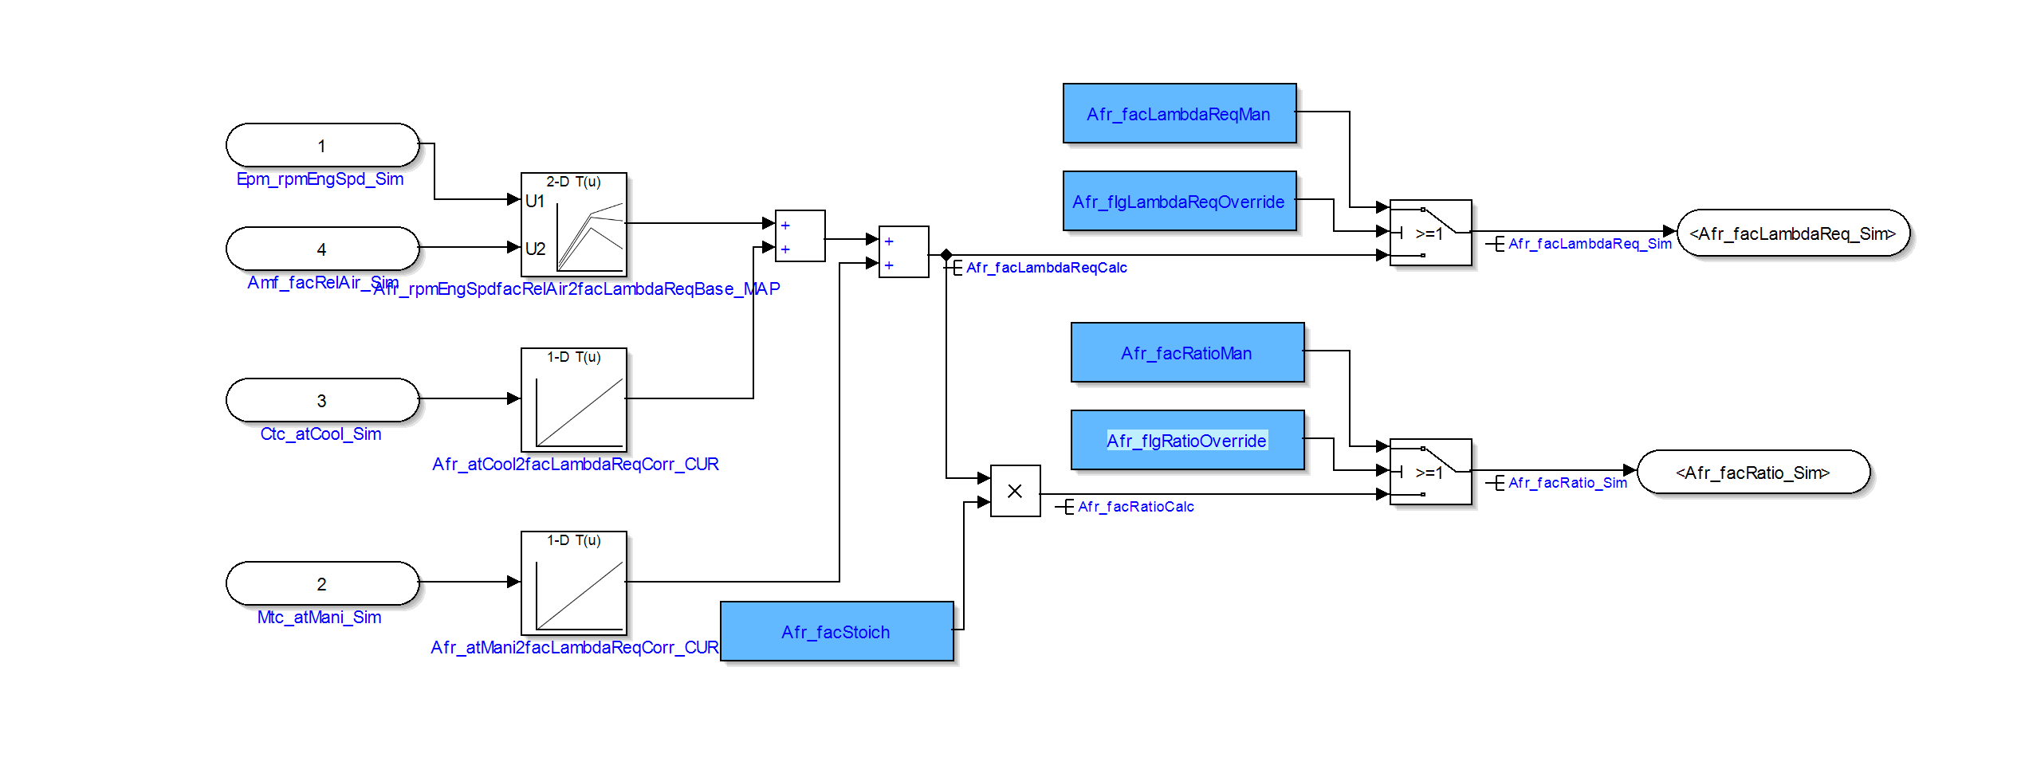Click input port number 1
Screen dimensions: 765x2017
tap(322, 146)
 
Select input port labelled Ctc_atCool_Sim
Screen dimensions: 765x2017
tap(322, 400)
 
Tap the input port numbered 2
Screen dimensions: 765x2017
tap(322, 583)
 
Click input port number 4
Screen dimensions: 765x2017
tap(322, 249)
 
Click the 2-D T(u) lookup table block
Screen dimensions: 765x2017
tap(574, 225)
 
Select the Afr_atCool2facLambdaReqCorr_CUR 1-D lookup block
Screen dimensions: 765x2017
tap(574, 400)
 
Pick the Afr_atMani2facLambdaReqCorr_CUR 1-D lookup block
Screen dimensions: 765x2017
tap(574, 583)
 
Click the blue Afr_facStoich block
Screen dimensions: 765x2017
tap(836, 631)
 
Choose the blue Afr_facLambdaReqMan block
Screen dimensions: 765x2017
tap(1179, 114)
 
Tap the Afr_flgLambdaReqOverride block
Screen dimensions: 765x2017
tap(1179, 202)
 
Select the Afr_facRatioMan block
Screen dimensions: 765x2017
tap(1187, 353)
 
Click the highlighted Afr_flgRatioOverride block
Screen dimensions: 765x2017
tap(1187, 441)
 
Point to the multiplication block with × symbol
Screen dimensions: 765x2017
tap(1015, 491)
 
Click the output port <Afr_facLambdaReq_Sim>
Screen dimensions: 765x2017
tap(1792, 233)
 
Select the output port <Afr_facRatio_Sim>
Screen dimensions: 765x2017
tap(1752, 473)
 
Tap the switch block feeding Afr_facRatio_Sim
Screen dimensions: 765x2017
tap(1430, 472)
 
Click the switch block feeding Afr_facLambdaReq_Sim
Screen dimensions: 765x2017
tap(1430, 233)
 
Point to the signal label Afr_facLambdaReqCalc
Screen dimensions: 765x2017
tap(1046, 268)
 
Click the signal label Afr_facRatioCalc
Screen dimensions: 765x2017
tap(1135, 507)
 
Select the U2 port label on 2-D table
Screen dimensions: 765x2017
tap(535, 249)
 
